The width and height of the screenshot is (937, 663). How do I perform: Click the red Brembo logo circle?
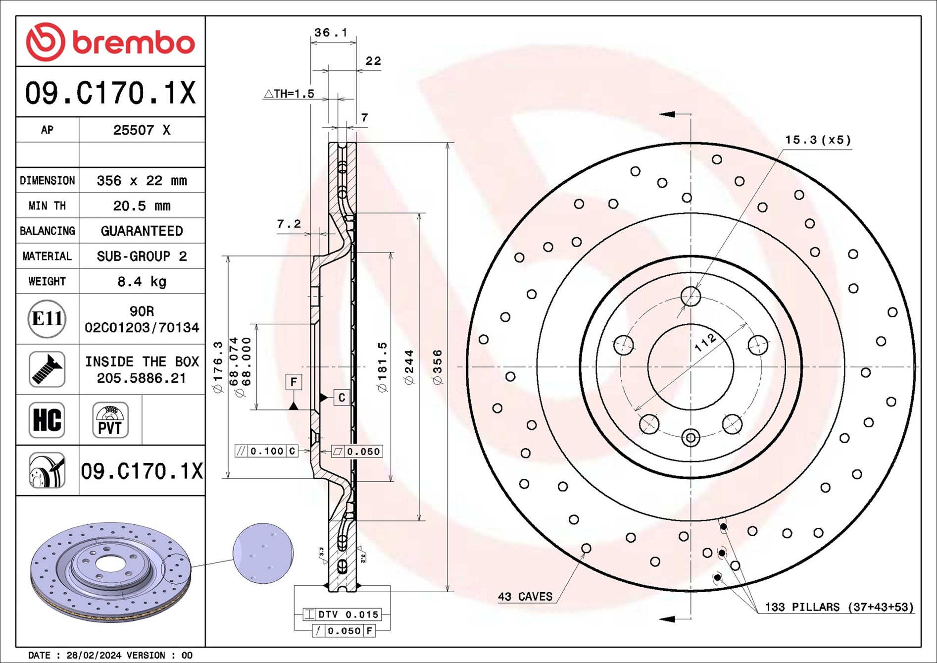pyautogui.click(x=45, y=42)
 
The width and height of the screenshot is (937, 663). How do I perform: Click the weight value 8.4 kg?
pyautogui.click(x=142, y=282)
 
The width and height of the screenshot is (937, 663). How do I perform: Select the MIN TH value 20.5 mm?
pyautogui.click(x=142, y=206)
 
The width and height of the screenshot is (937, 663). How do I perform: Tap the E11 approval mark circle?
pyautogui.click(x=47, y=319)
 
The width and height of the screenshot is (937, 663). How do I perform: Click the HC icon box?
pyautogui.click(x=47, y=420)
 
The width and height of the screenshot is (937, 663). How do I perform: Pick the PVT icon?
pyautogui.click(x=110, y=420)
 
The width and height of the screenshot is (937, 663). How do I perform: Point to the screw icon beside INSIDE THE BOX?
pyautogui.click(x=47, y=369)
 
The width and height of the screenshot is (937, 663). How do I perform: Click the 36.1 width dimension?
pyautogui.click(x=331, y=33)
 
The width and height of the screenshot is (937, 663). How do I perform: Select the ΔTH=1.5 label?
pyautogui.click(x=289, y=94)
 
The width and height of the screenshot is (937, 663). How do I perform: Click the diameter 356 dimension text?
pyautogui.click(x=438, y=367)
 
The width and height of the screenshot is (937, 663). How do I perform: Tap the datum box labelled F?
pyautogui.click(x=294, y=382)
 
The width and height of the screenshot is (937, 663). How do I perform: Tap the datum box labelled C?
pyautogui.click(x=342, y=397)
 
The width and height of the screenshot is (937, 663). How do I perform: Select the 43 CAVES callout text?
pyautogui.click(x=525, y=597)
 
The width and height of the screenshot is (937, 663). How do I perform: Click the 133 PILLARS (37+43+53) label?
pyautogui.click(x=839, y=607)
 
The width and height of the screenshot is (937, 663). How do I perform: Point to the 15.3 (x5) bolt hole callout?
pyautogui.click(x=818, y=140)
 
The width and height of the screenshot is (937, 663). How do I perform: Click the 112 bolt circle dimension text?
pyautogui.click(x=705, y=342)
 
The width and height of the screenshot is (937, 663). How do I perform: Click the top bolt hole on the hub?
pyautogui.click(x=690, y=297)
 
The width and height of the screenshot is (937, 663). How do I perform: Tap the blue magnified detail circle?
pyautogui.click(x=263, y=553)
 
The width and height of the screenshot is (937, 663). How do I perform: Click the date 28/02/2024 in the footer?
pyautogui.click(x=94, y=655)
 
